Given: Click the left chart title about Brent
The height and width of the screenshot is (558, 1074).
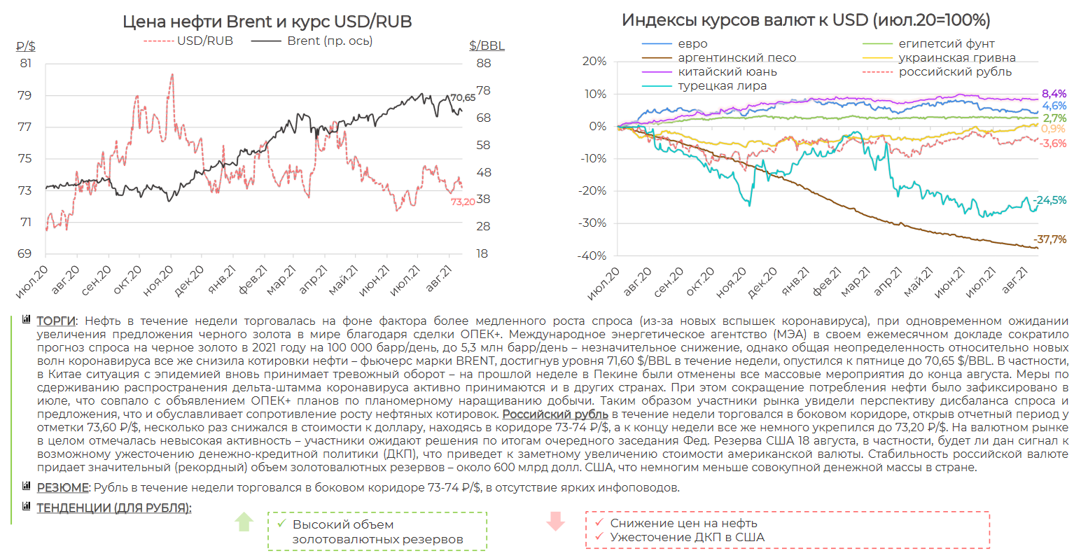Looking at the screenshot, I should point(267,22).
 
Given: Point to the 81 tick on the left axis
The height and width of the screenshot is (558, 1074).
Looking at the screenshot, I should point(25,63).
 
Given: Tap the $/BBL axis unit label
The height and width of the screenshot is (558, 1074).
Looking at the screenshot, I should point(487,46).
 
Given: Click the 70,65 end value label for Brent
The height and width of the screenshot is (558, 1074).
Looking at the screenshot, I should point(463,98).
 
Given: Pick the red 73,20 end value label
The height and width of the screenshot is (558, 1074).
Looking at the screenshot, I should point(463,202).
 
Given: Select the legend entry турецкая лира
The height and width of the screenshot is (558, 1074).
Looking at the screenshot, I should point(722,86).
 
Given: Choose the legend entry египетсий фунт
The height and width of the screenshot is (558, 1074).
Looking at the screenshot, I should point(946,44).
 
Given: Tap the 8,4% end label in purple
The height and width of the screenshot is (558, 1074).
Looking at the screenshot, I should point(1054,94).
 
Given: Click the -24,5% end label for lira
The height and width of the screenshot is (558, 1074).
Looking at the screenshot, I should point(1050,200).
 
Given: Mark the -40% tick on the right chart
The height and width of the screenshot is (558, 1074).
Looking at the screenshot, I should point(593,256).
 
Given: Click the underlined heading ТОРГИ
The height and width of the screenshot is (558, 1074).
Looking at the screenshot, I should point(56,321).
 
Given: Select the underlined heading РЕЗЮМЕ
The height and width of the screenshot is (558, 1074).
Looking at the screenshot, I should point(62,487).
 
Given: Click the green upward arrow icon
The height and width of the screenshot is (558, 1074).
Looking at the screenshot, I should point(244,522).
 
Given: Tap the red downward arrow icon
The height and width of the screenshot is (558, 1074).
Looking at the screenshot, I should point(556,522).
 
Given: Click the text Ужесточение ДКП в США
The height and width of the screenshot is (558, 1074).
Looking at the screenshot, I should point(687,537).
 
